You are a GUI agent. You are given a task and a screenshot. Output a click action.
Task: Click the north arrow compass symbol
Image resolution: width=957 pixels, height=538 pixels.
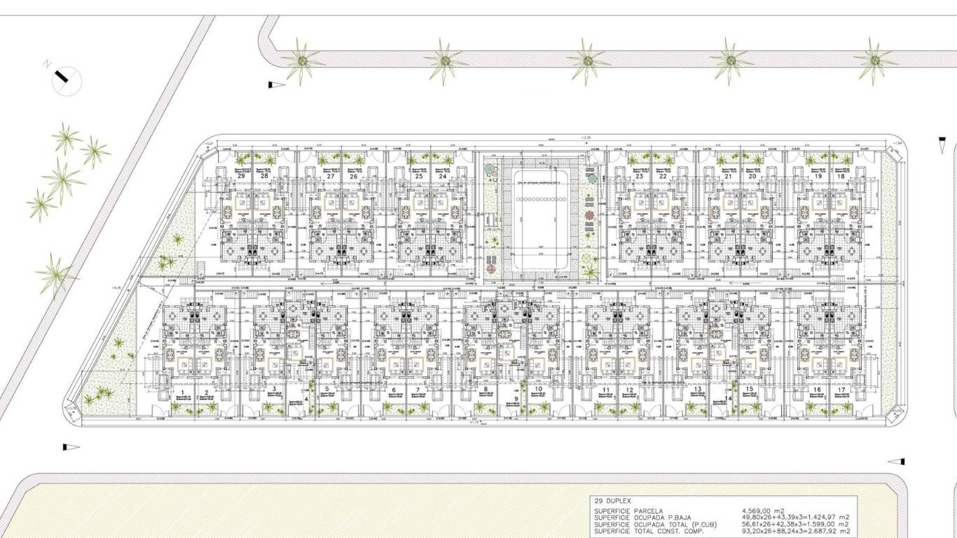click(x=66, y=78)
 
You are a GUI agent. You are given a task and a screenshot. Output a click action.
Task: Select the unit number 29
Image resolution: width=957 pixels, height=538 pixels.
click(x=241, y=177)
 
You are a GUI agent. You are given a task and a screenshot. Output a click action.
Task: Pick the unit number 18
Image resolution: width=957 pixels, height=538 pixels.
click(x=840, y=177)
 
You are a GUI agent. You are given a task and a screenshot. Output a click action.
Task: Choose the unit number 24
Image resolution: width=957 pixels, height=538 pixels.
click(x=442, y=177)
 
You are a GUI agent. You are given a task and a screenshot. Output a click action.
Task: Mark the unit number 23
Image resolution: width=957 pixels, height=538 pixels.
click(x=639, y=177)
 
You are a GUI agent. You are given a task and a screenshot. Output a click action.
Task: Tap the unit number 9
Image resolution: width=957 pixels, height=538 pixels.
click(x=516, y=399)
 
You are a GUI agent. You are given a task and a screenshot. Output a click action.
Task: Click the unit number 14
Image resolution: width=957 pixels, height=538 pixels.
click(x=729, y=399)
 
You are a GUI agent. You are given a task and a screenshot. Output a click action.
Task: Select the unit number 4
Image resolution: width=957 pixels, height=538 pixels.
click(x=306, y=399)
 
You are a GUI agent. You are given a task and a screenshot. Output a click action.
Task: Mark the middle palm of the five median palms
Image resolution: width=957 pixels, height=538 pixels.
click(x=587, y=61)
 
